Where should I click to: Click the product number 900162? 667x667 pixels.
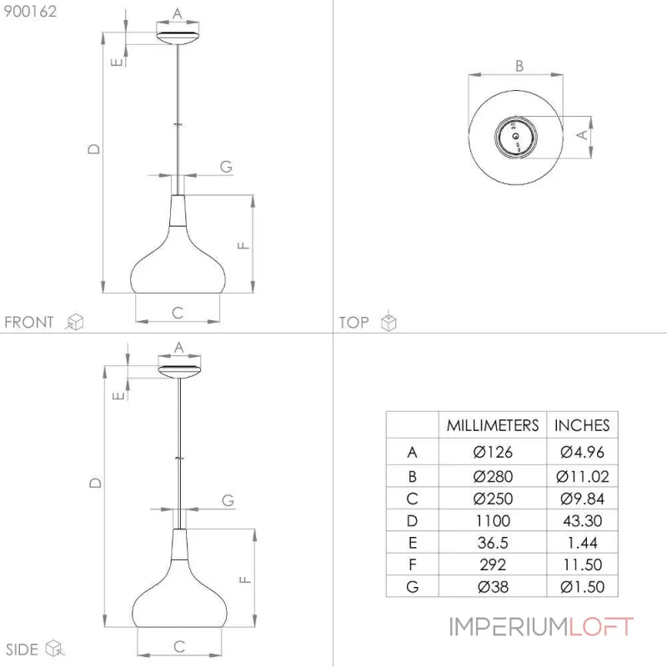click(x=30, y=12)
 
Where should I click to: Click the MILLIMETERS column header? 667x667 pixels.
click(x=493, y=425)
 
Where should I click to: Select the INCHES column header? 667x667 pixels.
click(x=582, y=425)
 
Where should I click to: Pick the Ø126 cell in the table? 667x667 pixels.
click(x=493, y=452)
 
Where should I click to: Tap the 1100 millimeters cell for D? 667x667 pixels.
click(x=493, y=520)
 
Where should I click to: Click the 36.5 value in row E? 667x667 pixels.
click(x=493, y=543)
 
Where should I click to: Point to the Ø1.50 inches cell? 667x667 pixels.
click(x=582, y=587)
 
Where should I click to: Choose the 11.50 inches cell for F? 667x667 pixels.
click(x=582, y=565)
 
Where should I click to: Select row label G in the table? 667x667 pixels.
click(x=412, y=587)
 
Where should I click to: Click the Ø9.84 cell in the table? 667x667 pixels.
click(x=582, y=499)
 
